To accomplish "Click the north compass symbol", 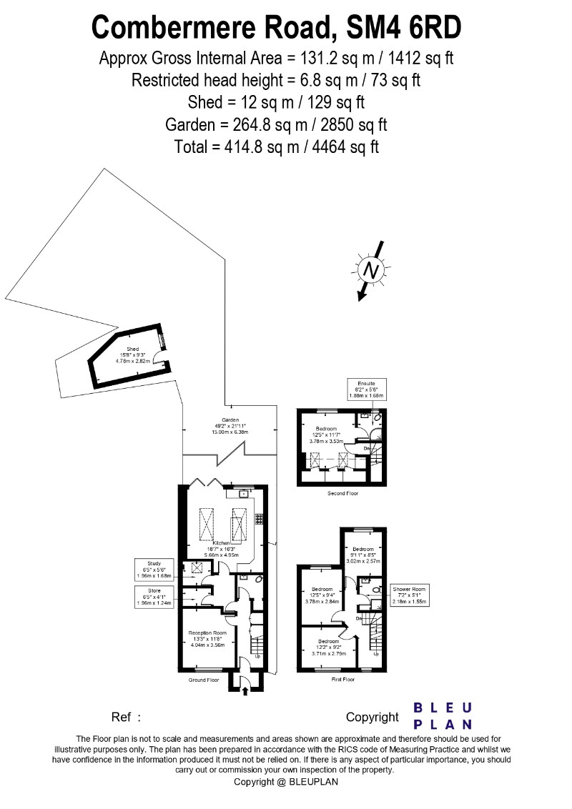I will (x=370, y=270).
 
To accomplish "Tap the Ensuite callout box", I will (x=366, y=389).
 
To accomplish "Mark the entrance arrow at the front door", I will (x=245, y=691).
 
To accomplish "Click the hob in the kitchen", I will (x=259, y=517).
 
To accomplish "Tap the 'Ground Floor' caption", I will (x=203, y=680).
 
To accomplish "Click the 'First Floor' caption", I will (x=342, y=679).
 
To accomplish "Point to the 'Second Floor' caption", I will (x=342, y=493).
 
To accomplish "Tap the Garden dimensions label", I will (x=230, y=426).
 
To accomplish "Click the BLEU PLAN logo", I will (x=443, y=715).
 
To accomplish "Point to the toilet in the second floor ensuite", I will (x=377, y=417).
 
